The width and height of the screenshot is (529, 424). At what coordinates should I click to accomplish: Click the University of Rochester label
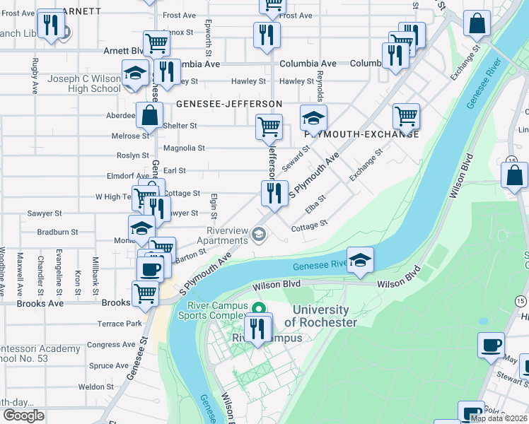point(320,316)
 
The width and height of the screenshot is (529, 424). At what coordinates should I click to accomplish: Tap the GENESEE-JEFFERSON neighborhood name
point(229,104)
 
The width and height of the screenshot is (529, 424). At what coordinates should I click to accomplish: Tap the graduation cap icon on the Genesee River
point(360,260)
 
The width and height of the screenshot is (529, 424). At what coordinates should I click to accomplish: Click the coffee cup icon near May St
point(491,346)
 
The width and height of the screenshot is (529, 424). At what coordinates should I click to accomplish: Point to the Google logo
point(23,416)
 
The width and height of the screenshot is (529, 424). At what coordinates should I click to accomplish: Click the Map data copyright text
point(499,418)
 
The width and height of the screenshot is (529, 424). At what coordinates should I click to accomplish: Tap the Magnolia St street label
point(184,148)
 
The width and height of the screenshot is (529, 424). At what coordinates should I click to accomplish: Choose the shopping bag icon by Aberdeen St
point(149,114)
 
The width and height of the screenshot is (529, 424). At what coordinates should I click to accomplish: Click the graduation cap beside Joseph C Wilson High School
point(135,73)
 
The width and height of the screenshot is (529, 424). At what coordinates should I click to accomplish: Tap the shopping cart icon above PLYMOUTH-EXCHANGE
point(406,116)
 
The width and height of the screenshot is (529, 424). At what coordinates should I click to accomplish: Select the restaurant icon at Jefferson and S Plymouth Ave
point(274,193)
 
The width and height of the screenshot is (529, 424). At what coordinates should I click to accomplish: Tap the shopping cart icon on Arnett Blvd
point(156,43)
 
